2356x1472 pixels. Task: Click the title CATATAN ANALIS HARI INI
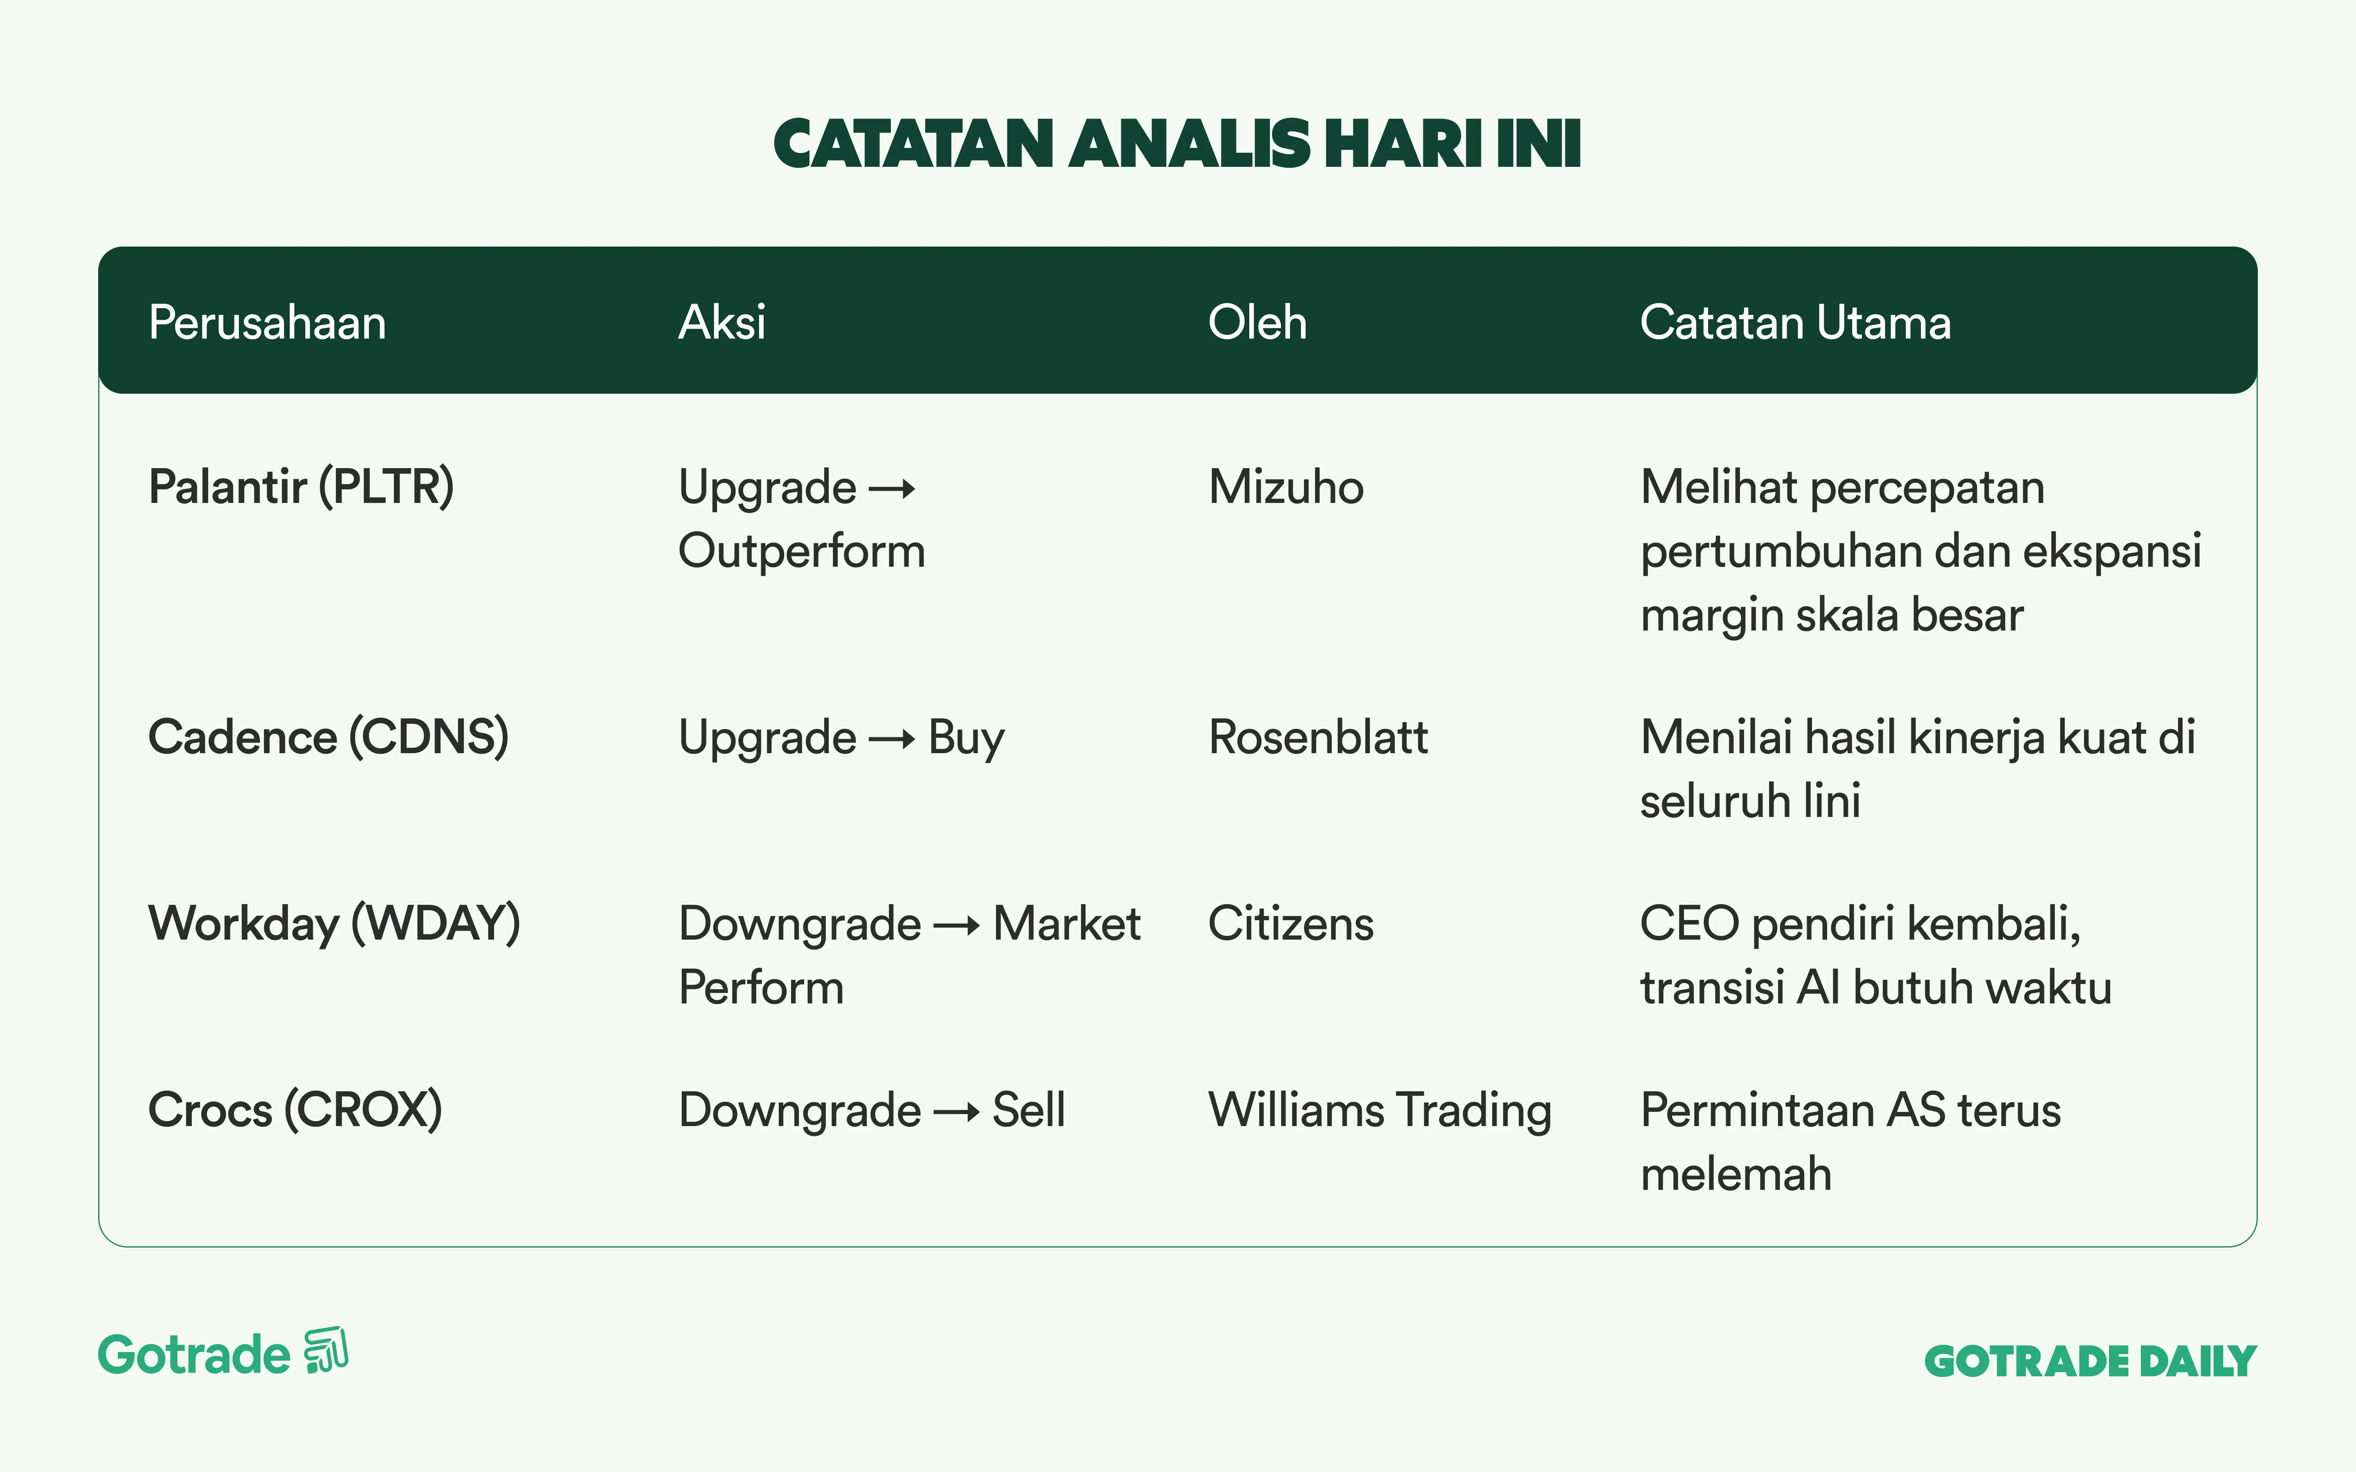[x=1177, y=144]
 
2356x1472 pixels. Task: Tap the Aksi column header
[x=722, y=322]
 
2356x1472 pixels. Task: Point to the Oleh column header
[x=1257, y=322]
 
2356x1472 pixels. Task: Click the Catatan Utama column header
[x=1795, y=322]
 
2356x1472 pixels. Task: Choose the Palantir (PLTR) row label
[x=301, y=487]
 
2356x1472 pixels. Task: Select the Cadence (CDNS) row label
[x=328, y=737]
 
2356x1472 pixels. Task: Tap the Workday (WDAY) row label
[x=334, y=924]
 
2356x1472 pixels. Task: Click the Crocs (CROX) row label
[x=295, y=1110]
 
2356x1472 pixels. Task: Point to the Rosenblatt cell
[x=1318, y=737]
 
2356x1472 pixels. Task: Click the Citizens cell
[x=1291, y=924]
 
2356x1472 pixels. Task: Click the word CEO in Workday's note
[x=1689, y=924]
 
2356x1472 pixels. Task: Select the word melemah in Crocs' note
[x=1736, y=1174]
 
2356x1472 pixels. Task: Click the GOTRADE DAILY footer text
[x=2090, y=1361]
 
